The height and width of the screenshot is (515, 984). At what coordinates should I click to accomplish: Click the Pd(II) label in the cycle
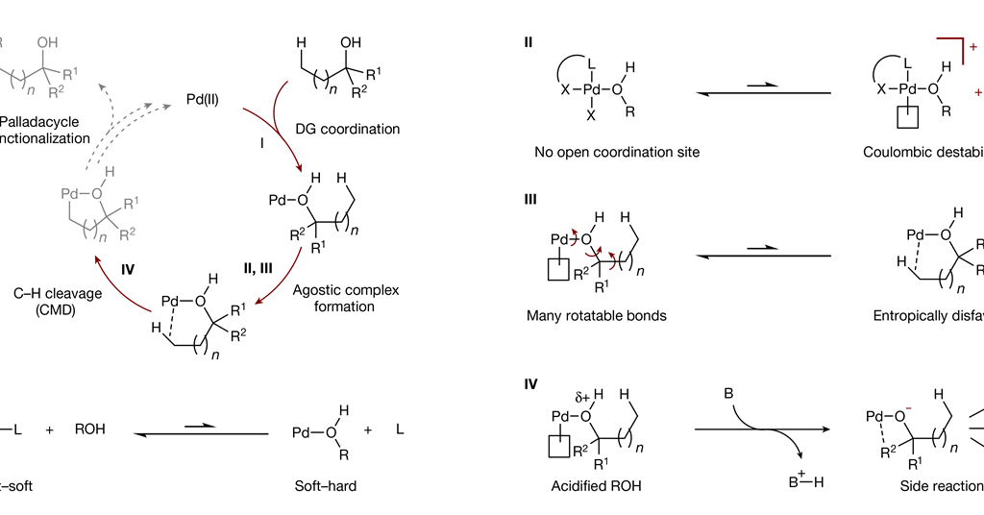point(207,98)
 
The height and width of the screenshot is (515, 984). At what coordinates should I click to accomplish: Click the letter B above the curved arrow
point(729,394)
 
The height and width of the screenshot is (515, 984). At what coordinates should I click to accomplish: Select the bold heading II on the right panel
point(529,42)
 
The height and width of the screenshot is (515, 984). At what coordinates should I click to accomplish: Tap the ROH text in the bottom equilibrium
point(89,429)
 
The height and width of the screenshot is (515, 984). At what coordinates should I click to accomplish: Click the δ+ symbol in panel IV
point(582,396)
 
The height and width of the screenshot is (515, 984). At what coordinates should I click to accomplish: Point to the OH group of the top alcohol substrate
point(352,42)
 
